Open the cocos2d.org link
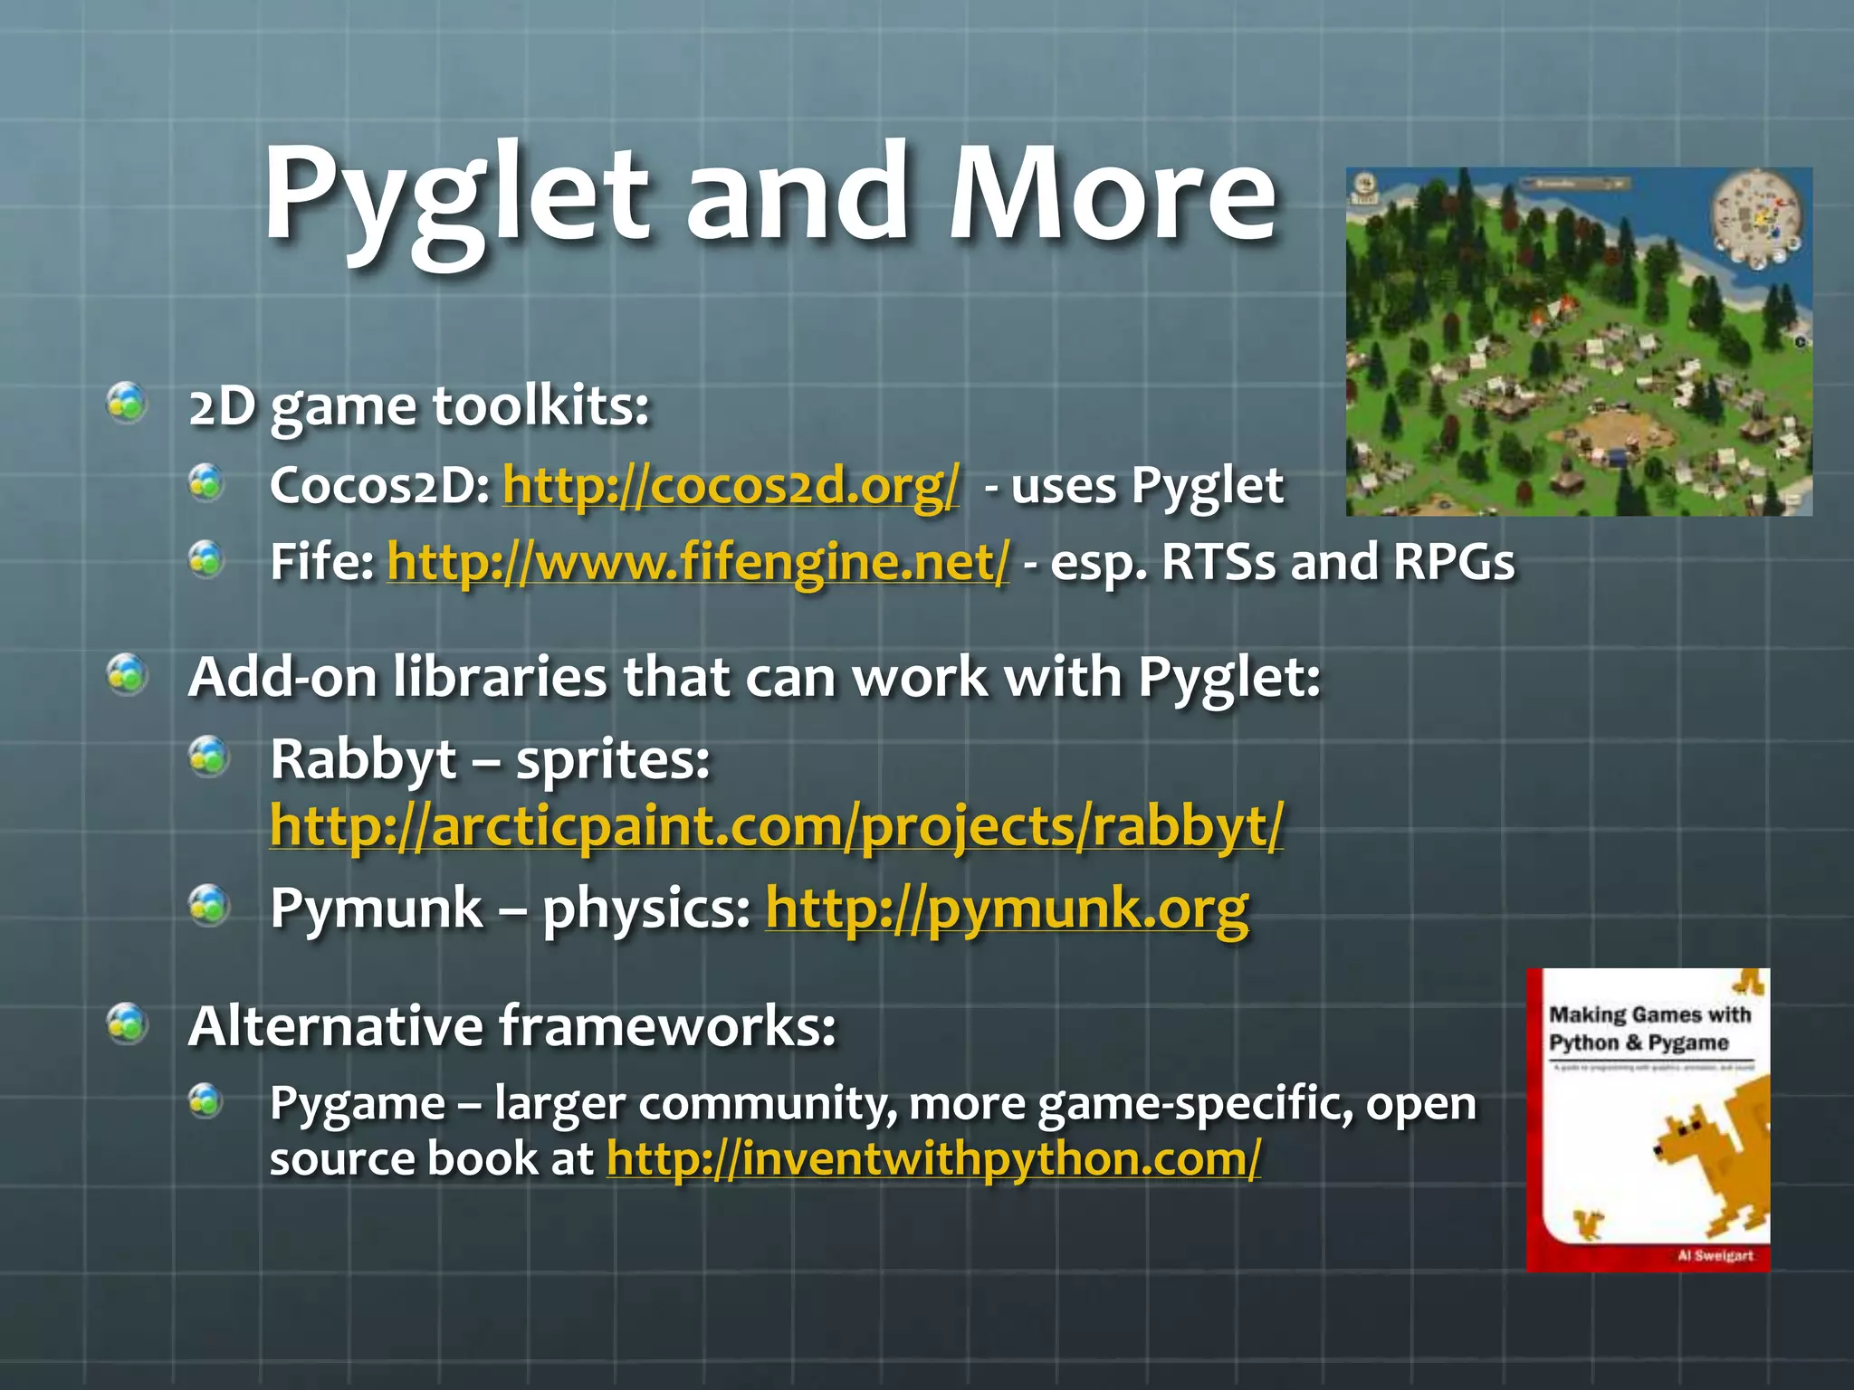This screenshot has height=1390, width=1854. [x=730, y=486]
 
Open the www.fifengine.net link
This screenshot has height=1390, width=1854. [x=697, y=562]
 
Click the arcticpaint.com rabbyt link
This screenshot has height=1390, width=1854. [x=776, y=826]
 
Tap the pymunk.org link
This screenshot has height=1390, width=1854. [x=1007, y=908]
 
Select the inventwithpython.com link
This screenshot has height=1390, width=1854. [x=933, y=1159]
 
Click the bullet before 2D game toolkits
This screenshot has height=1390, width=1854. [x=127, y=403]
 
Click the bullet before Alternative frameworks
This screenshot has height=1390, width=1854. [x=127, y=1024]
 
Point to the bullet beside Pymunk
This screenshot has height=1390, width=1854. [x=208, y=905]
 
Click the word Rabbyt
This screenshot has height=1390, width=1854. [x=363, y=758]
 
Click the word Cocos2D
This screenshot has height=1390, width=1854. [x=378, y=486]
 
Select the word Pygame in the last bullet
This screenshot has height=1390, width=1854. [x=357, y=1104]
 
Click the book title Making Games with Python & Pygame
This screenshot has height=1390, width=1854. [x=1649, y=1029]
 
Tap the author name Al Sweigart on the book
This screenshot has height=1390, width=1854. [x=1715, y=1255]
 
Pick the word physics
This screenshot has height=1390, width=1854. [x=645, y=908]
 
